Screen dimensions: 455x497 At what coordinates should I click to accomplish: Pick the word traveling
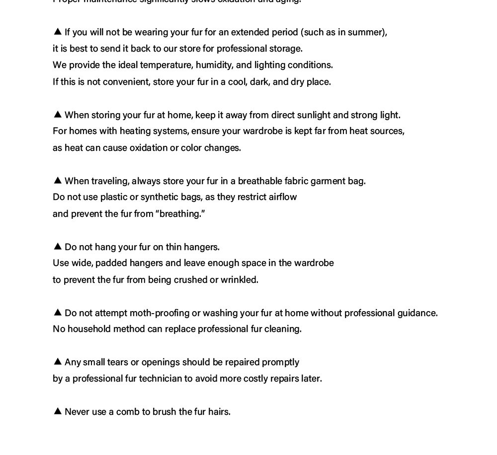tap(110, 181)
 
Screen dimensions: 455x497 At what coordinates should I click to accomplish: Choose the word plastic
tap(114, 197)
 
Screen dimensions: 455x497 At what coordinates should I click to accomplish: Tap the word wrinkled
tap(240, 280)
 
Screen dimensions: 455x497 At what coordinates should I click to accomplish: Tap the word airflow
tap(283, 197)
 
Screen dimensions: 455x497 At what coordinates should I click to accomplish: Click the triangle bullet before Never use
tap(57, 411)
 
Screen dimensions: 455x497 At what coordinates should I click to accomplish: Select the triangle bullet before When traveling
tap(57, 180)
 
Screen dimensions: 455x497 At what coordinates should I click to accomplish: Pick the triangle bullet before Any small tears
tap(57, 361)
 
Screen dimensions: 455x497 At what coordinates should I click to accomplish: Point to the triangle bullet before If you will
tap(57, 31)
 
